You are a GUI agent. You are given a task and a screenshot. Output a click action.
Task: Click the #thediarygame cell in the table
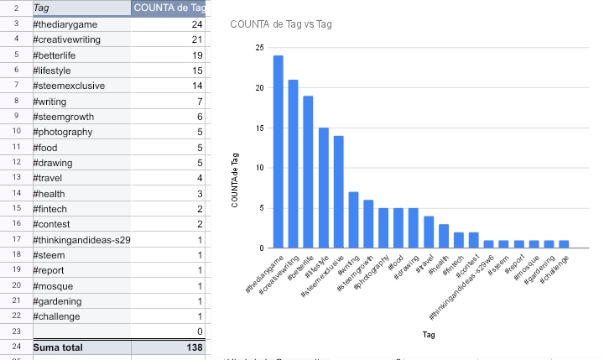tap(65, 25)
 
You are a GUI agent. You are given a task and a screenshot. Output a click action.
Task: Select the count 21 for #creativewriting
tap(197, 40)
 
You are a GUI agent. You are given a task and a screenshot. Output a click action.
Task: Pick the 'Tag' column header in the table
tap(41, 8)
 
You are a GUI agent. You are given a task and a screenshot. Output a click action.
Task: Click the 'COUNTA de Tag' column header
tap(170, 8)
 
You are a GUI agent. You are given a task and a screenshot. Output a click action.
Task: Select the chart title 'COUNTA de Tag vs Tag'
tap(280, 23)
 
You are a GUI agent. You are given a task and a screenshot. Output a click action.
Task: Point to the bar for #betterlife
tap(308, 172)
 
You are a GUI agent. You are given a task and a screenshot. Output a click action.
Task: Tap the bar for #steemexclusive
tap(338, 192)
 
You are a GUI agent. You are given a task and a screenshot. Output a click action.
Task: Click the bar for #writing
tap(353, 220)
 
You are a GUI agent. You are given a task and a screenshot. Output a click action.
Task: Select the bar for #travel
tap(429, 232)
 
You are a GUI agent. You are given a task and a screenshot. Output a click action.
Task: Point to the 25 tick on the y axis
tap(259, 48)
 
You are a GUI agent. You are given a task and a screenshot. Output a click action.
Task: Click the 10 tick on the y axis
tap(259, 168)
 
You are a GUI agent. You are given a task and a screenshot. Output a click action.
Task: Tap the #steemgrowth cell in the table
tap(63, 117)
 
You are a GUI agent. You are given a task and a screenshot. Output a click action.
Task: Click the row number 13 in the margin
tap(15, 178)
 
